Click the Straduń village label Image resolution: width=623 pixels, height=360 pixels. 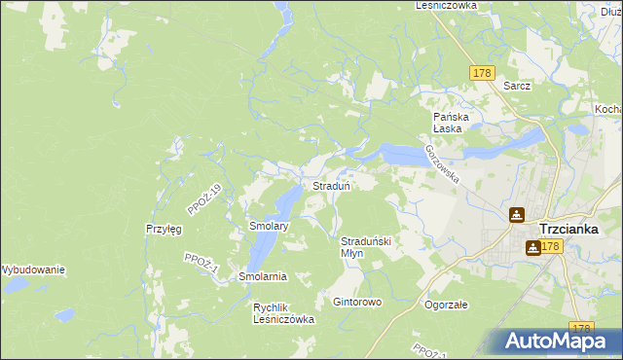coord(331,186)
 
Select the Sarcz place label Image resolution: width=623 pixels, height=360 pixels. coord(517,86)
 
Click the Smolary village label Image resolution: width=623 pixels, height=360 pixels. coord(269,226)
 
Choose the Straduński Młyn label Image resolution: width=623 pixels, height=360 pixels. coord(365,246)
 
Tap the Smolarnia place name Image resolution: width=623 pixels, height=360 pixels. coord(263,276)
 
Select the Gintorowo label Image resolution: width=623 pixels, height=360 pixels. coord(357,303)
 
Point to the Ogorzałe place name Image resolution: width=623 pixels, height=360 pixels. coord(446,305)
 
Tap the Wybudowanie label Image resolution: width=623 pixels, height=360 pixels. coord(32,270)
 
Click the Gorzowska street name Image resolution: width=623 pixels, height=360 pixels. coord(441,161)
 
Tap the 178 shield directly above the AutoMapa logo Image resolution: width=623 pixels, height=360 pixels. coord(582,329)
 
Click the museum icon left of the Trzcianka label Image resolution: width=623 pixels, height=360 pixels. coord(516,216)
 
